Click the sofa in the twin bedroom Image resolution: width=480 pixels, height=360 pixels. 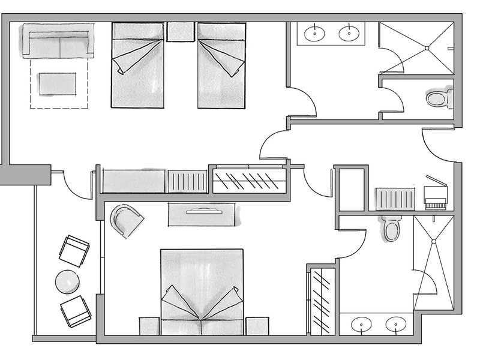58,41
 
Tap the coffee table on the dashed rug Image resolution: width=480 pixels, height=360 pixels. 58,83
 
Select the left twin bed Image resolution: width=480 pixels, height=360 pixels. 137,65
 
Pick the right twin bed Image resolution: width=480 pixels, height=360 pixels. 222,65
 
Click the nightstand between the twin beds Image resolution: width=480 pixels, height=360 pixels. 180,32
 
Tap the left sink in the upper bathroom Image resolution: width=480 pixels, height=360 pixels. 314,34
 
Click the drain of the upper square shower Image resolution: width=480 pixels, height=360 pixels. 427,47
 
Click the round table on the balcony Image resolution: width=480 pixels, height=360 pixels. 67,281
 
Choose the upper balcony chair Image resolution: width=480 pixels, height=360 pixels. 74,250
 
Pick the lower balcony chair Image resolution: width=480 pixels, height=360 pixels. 76,311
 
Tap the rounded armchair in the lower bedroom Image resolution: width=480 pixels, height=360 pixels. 127,220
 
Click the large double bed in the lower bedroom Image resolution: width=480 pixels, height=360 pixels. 202,288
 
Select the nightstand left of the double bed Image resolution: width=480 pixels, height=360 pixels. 149,326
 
